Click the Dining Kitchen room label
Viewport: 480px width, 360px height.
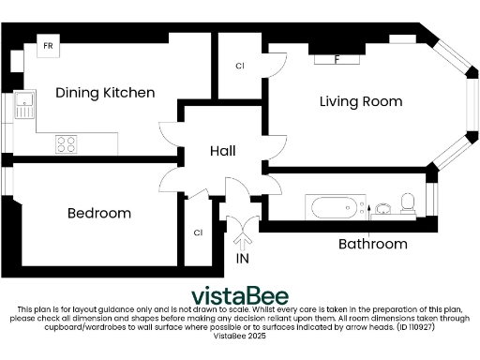coord(105,93)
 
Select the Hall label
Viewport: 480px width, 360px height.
coord(222,151)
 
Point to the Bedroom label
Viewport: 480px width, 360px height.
coord(99,214)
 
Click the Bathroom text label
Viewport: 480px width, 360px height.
coord(372,245)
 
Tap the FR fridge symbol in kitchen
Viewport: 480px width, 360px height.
coord(45,45)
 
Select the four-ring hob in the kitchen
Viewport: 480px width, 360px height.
coord(67,144)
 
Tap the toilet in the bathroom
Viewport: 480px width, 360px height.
coord(408,202)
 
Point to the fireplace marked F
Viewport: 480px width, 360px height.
coord(337,59)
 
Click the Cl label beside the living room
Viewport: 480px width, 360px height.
coord(240,67)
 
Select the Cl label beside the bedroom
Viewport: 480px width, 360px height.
coord(198,232)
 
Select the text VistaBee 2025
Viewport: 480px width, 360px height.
coord(240,336)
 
